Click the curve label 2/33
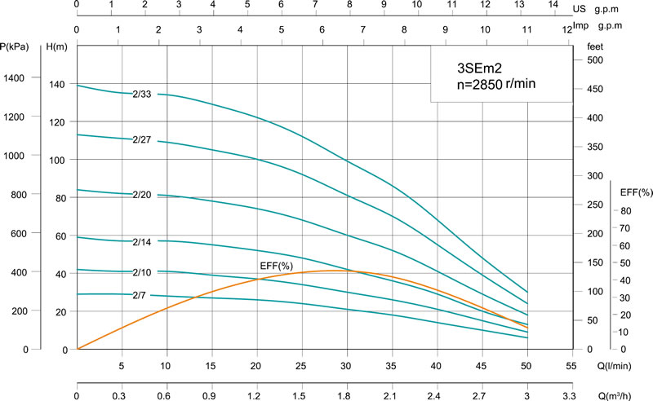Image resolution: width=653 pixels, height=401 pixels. click(142, 95)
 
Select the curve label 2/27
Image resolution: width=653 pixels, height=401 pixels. click(142, 140)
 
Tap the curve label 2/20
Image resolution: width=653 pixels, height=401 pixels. click(142, 195)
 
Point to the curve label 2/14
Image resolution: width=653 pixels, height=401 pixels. click(142, 242)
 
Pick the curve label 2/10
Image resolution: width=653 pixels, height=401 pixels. click(142, 271)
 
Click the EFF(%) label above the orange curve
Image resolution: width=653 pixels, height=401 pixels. click(275, 267)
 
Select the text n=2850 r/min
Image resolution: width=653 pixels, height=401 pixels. click(497, 85)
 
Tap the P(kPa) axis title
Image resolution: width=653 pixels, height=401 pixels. click(16, 47)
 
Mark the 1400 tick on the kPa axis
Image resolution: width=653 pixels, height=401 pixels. click(16, 77)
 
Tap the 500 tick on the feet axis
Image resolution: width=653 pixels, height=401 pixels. click(595, 60)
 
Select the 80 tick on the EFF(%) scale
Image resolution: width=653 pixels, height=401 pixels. click(625, 211)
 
